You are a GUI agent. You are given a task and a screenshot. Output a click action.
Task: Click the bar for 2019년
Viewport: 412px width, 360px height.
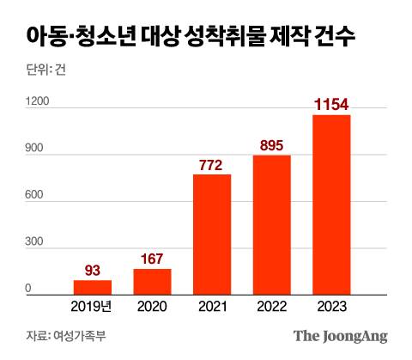(92, 288)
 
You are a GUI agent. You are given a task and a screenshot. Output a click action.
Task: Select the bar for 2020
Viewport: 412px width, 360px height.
(152, 282)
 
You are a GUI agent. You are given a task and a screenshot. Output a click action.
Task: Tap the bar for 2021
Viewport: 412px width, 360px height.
(212, 235)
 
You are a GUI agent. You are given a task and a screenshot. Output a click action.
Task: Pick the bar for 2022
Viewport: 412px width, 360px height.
(271, 225)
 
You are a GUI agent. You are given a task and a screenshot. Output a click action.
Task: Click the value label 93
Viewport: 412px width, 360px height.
(92, 271)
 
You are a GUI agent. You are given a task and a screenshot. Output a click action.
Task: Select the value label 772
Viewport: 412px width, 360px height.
(212, 165)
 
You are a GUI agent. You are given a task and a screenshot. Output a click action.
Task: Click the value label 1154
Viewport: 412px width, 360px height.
(331, 105)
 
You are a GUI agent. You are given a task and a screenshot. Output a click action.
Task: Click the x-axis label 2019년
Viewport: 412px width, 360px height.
(92, 306)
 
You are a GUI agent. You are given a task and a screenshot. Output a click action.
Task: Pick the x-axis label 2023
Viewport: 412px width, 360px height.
(331, 306)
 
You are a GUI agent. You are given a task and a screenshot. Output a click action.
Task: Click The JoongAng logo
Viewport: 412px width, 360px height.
(340, 335)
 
